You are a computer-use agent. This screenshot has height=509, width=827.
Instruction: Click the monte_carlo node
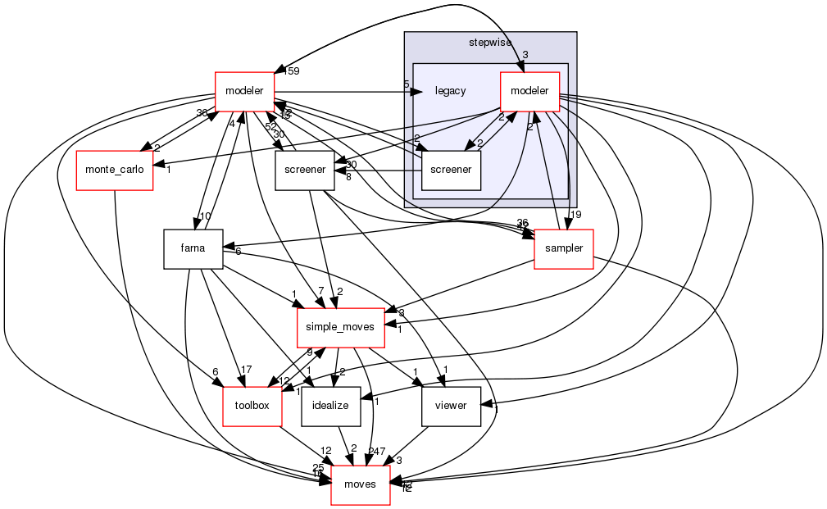(115, 170)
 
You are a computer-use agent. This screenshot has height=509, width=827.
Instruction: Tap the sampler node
(563, 250)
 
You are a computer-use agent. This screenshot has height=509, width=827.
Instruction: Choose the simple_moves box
(340, 327)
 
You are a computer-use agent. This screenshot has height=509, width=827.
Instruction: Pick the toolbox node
(252, 407)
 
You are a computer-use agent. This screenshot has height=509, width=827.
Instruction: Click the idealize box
(331, 407)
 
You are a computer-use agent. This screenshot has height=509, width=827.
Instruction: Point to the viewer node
(450, 407)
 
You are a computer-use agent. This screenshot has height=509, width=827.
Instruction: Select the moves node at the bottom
(360, 485)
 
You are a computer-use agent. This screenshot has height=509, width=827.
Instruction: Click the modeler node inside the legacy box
(529, 91)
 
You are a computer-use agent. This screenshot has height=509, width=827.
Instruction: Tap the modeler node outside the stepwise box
(244, 91)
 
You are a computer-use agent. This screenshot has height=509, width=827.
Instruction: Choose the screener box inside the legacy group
(450, 170)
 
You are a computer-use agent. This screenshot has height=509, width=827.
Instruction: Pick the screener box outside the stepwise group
(305, 170)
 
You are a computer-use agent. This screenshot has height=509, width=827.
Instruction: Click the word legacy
(450, 91)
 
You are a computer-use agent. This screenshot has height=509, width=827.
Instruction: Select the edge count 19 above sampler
(576, 215)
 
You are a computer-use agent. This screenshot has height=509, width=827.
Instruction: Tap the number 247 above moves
(377, 452)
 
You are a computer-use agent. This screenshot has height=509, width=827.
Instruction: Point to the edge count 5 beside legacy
(406, 84)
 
